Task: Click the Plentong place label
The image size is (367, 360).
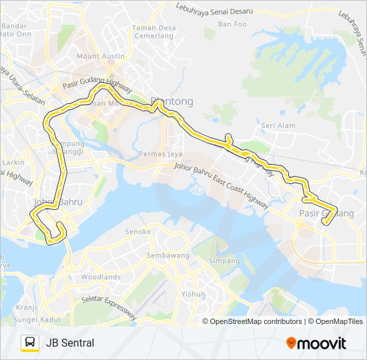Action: click(172, 101)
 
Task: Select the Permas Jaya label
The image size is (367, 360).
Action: click(156, 154)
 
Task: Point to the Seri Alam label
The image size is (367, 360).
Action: click(278, 125)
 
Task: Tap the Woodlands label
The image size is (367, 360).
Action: click(101, 277)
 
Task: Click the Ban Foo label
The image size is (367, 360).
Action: click(232, 24)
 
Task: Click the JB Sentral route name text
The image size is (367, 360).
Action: click(70, 343)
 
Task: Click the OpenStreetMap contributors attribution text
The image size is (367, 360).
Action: click(254, 321)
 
